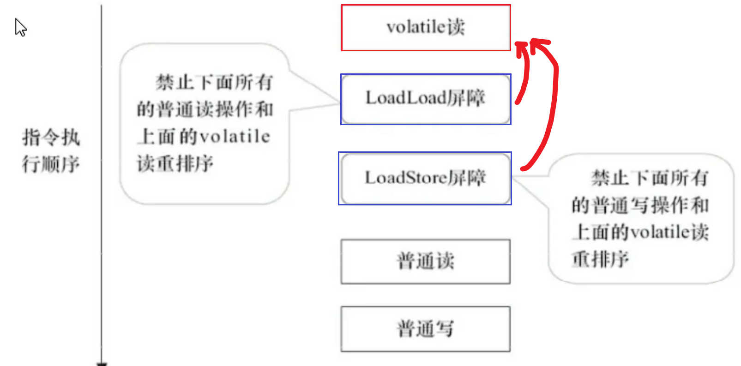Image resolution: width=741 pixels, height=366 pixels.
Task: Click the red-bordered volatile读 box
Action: tap(426, 28)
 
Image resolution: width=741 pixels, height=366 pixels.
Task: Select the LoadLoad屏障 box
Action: tap(426, 99)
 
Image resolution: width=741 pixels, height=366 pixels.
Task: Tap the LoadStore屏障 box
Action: tap(425, 178)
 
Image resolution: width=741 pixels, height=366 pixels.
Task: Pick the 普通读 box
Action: tap(425, 261)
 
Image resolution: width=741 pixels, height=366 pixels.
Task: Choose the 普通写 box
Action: tap(425, 329)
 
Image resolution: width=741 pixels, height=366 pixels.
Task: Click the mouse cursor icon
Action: tap(20, 27)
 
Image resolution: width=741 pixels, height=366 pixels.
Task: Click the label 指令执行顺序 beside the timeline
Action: tap(51, 151)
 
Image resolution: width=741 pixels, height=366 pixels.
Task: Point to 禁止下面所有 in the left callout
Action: tap(214, 83)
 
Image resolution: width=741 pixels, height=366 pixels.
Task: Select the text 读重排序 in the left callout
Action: tap(175, 163)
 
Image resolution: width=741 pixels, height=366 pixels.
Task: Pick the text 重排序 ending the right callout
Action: tap(600, 259)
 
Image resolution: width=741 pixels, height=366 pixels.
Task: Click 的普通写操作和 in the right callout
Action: tap(640, 205)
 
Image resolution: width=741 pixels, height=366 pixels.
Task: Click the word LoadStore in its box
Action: tap(406, 178)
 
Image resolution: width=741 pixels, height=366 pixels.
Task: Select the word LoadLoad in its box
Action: tap(406, 98)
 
